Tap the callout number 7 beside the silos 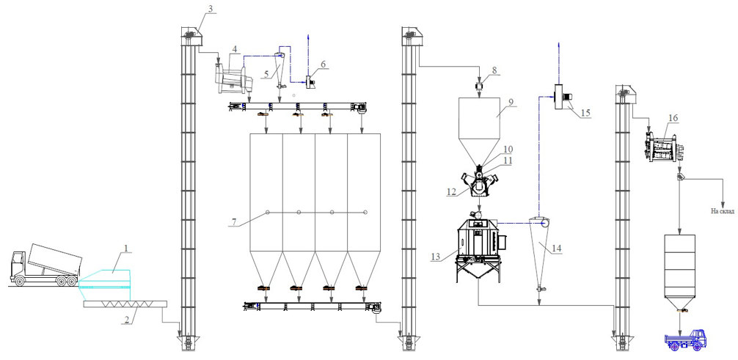(233, 221)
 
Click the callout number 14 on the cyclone (558, 249)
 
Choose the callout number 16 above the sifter (673, 117)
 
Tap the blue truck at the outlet (685, 340)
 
